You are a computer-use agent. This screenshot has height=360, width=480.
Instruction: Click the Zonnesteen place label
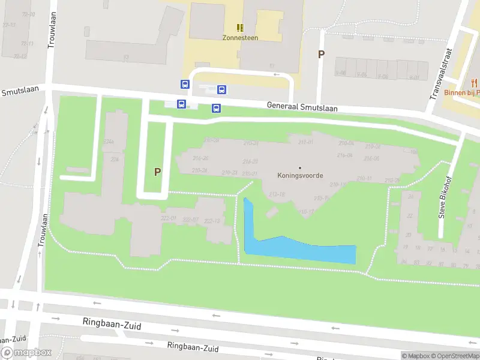[x=240, y=37]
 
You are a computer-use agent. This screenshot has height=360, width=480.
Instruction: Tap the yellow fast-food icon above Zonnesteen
[x=240, y=27]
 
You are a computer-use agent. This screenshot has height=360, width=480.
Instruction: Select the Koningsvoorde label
[x=300, y=176]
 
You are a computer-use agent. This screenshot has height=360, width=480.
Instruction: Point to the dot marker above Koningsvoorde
[x=300, y=167]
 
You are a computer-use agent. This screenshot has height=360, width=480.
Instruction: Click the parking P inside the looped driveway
[x=157, y=172]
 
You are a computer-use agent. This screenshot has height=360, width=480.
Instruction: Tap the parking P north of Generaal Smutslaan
[x=321, y=54]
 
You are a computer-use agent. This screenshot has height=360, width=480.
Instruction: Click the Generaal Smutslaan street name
[x=302, y=107]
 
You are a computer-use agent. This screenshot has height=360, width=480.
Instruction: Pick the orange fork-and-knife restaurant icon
[x=473, y=83]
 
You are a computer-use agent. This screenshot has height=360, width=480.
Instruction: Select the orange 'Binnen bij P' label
[x=462, y=93]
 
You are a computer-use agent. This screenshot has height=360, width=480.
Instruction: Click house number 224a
[x=109, y=142]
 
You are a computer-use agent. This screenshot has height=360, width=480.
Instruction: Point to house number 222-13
[x=212, y=221]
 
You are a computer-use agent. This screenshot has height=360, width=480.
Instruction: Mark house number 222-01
[x=169, y=219]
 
